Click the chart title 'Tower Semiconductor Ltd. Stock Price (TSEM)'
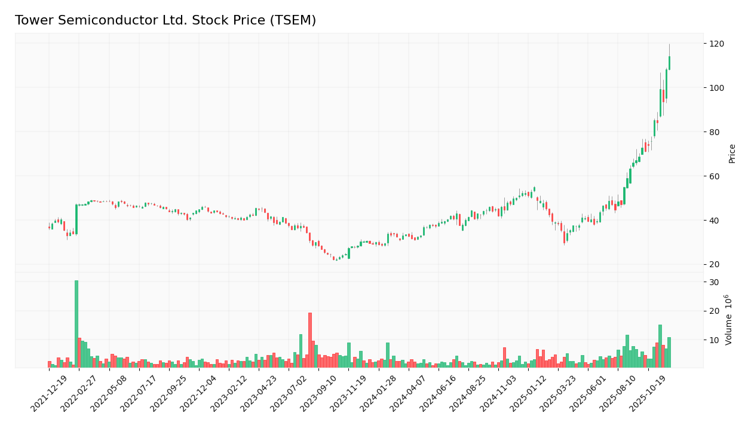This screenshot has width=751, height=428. (x=165, y=20)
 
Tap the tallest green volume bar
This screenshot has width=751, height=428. (x=76, y=323)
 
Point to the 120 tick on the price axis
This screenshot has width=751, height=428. (x=717, y=44)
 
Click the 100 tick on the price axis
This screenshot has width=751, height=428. (x=717, y=88)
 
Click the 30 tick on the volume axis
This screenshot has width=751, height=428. (x=714, y=282)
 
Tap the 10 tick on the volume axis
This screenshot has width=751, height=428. (x=714, y=340)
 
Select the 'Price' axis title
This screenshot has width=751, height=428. (x=732, y=154)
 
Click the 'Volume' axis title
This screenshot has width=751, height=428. (x=729, y=319)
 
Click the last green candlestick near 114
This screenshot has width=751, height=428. (x=669, y=63)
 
